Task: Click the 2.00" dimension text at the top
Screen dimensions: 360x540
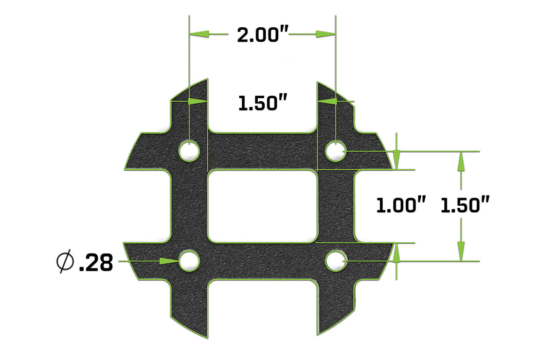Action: (x=262, y=35)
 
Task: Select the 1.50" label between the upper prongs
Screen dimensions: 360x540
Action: (x=262, y=103)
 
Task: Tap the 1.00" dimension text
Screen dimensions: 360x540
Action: (x=401, y=206)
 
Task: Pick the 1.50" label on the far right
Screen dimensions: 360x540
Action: (x=464, y=206)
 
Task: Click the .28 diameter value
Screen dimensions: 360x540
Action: (x=96, y=263)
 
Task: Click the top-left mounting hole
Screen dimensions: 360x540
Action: (x=189, y=151)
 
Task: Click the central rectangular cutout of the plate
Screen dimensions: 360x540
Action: (x=262, y=206)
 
